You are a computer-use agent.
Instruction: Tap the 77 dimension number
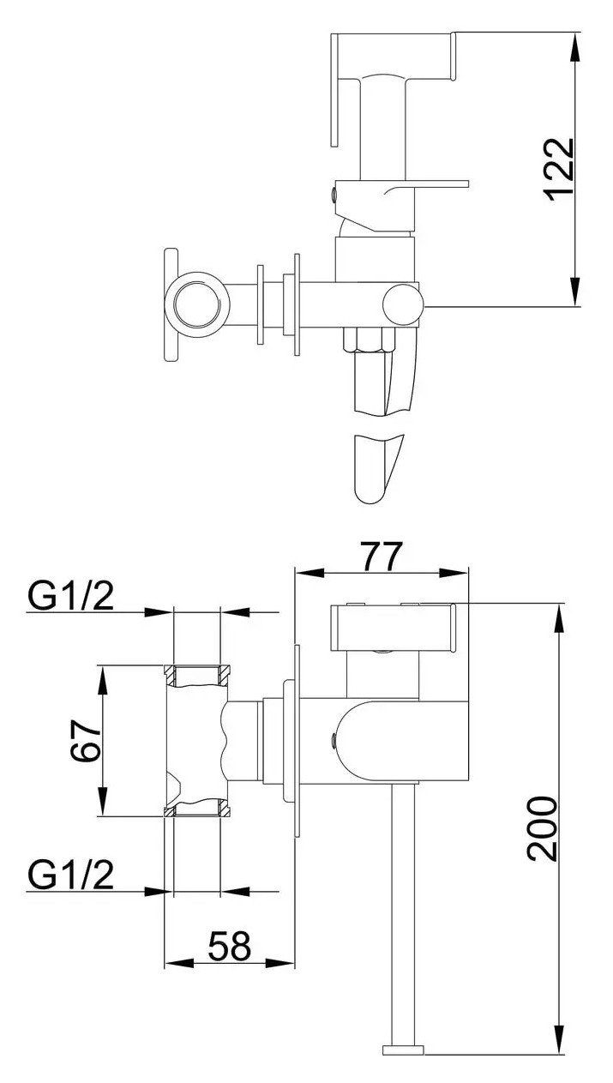[382, 557]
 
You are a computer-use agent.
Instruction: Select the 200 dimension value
[543, 828]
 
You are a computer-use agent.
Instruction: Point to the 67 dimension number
[85, 741]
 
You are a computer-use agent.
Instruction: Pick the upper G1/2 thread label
[71, 595]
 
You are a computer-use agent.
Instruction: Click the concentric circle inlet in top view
[196, 305]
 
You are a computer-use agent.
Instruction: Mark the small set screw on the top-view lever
[334, 195]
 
